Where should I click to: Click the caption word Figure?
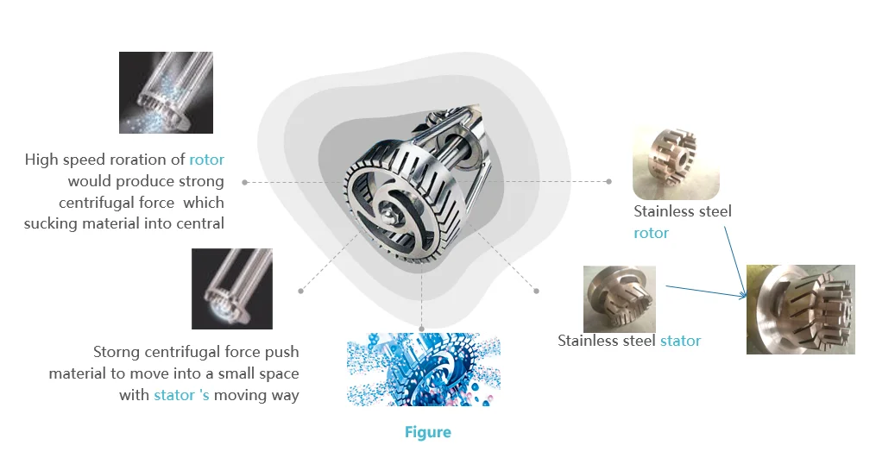[x=427, y=432]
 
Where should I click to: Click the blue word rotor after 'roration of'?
[x=207, y=160]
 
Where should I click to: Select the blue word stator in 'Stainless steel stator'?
[x=680, y=341]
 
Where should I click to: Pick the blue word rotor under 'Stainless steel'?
[x=651, y=233]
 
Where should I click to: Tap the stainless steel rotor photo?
[x=675, y=163]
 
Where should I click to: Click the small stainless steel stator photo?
[x=619, y=298]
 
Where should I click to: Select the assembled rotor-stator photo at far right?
[x=800, y=309]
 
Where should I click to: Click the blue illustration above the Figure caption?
[x=423, y=370]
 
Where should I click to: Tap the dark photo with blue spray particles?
[x=166, y=92]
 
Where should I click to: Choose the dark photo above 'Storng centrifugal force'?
[x=231, y=288]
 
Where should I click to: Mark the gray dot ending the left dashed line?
[x=245, y=182]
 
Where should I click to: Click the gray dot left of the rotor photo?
[x=608, y=181]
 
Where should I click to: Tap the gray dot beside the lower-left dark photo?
[x=300, y=291]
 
